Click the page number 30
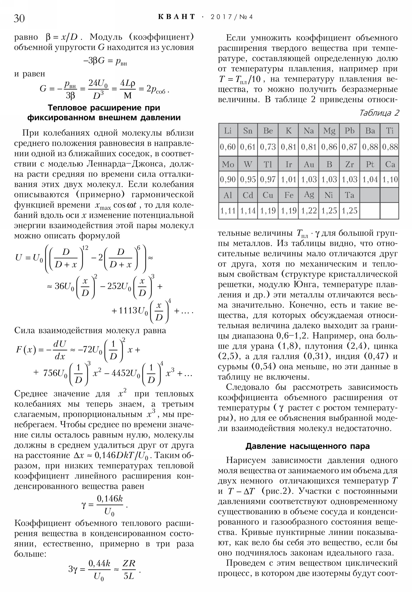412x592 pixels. (19, 18)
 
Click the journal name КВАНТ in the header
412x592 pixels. (176, 17)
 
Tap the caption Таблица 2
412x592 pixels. (379, 113)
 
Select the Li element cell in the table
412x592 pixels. (228, 131)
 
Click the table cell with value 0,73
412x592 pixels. (268, 147)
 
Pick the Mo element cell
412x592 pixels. (228, 164)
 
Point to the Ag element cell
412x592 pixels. (308, 195)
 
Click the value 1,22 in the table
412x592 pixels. (308, 211)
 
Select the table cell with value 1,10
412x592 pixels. (390, 179)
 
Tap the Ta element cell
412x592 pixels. (349, 195)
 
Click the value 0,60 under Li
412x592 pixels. (228, 147)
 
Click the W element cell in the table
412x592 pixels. (248, 164)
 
